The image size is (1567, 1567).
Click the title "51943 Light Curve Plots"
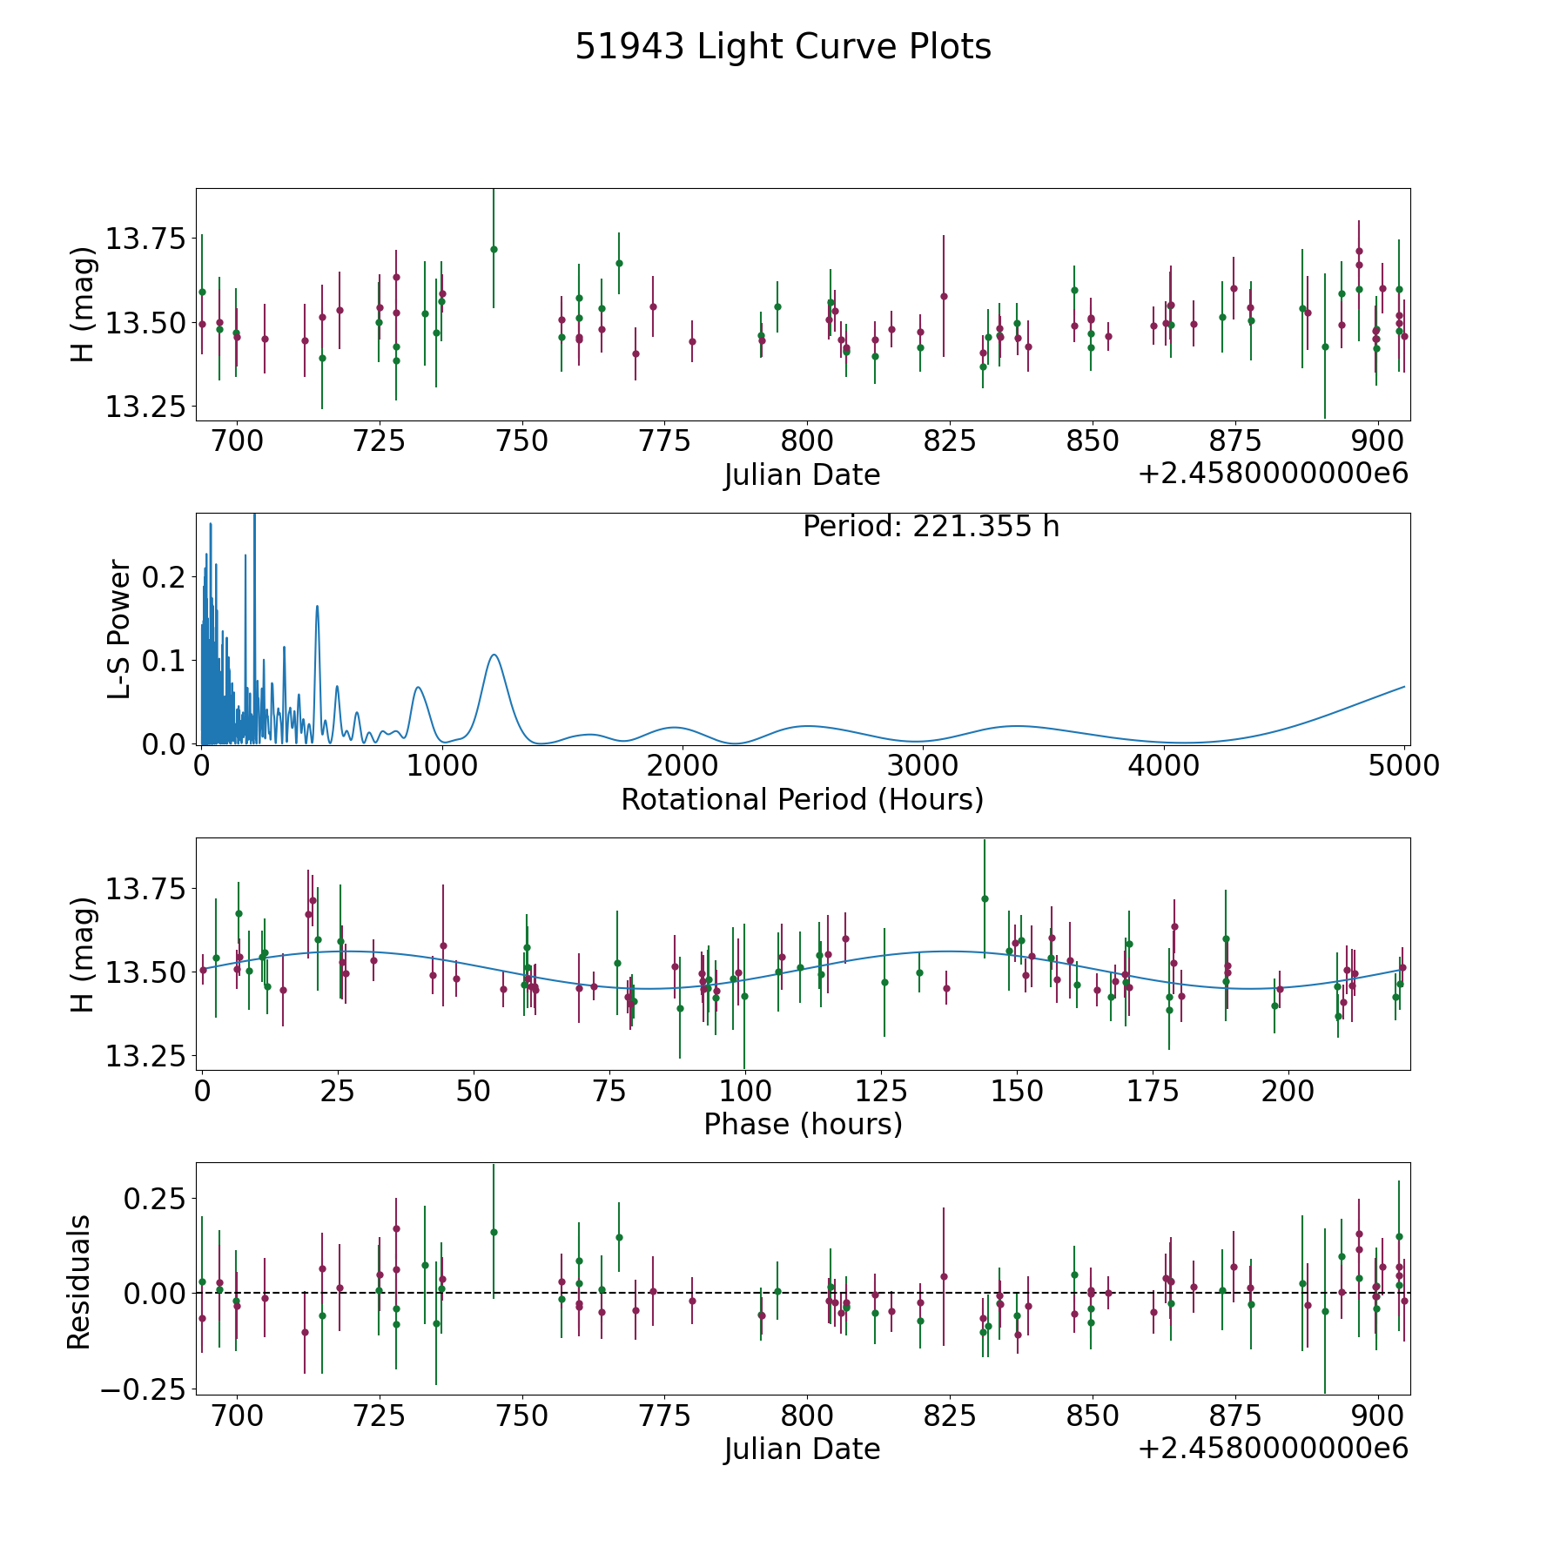click(783, 47)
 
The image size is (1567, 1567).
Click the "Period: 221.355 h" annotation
click(931, 527)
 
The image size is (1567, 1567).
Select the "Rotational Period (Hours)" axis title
click(802, 799)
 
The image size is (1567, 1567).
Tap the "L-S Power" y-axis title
click(119, 629)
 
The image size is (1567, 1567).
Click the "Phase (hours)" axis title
click(803, 1124)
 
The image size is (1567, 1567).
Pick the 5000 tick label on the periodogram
click(1403, 765)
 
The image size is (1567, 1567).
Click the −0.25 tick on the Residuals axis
click(143, 1390)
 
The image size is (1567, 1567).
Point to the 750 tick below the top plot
click(521, 441)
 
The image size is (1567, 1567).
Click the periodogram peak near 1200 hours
click(494, 655)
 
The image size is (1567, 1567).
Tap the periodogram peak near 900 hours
click(419, 687)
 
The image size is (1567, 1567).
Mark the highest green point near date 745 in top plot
click(494, 249)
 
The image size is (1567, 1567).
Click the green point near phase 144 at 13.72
click(985, 898)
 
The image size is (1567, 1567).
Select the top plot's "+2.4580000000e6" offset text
click(1273, 474)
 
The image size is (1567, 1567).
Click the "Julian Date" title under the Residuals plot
click(802, 1449)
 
